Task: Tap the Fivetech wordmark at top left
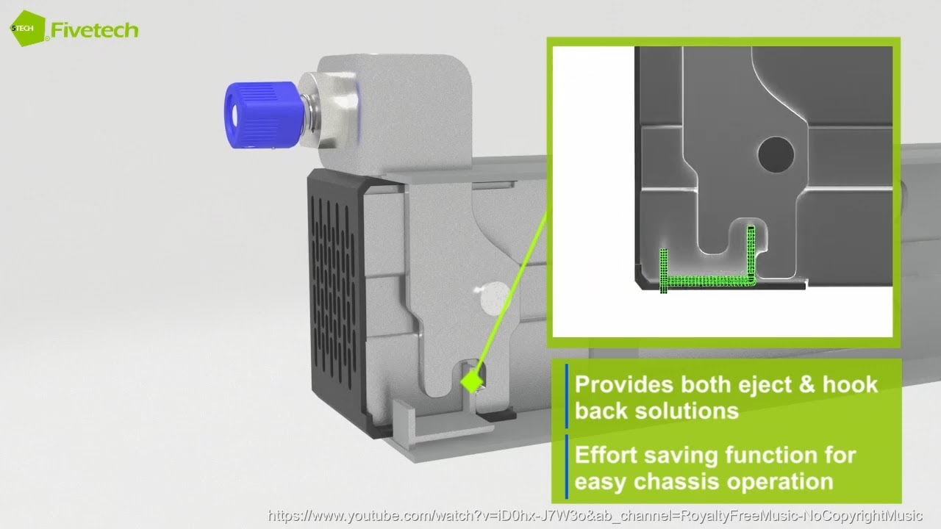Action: (94, 29)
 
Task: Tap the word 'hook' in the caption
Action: (850, 385)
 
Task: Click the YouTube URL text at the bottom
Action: (595, 516)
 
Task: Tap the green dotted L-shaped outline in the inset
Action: (706, 281)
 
